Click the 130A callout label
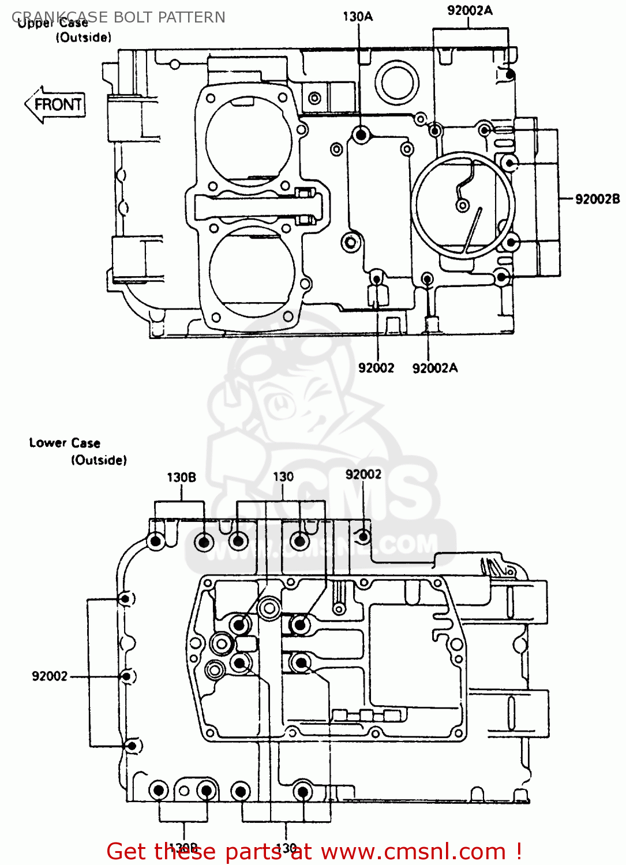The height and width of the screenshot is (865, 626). tap(358, 17)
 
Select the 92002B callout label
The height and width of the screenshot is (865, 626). tap(597, 199)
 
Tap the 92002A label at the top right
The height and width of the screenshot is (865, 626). tap(470, 10)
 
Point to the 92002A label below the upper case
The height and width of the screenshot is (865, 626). tap(434, 368)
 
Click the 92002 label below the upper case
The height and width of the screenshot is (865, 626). tap(376, 368)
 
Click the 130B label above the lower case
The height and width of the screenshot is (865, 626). tap(181, 477)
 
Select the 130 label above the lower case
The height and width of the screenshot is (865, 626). tap(283, 477)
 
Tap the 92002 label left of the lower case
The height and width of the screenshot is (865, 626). tap(50, 676)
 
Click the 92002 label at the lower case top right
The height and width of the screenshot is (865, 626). tap(363, 474)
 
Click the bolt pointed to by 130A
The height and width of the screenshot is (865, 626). tap(361, 136)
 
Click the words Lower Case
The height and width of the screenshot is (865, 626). tap(65, 443)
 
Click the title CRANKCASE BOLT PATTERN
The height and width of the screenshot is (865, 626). tap(118, 17)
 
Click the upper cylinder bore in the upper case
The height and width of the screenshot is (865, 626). tap(249, 142)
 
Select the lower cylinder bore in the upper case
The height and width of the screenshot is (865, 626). tap(252, 271)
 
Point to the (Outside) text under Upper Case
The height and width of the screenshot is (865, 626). tap(84, 37)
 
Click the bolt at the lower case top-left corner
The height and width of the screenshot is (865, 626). tap(155, 541)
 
